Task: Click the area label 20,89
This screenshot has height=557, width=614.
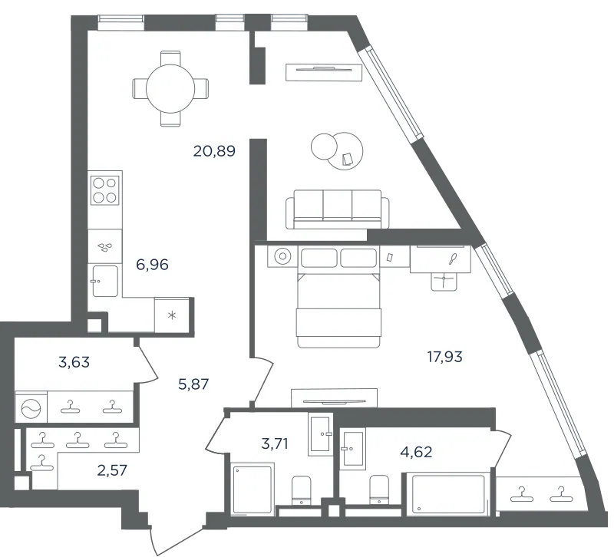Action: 214,150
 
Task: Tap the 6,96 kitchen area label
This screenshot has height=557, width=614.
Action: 152,265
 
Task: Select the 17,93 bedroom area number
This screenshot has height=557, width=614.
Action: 445,357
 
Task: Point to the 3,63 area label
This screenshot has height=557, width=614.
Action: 74,362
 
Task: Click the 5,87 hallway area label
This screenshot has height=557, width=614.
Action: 193,384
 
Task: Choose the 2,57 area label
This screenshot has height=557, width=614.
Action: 112,470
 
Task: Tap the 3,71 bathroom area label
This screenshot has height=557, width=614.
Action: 275,444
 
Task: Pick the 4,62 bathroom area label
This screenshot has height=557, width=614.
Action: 416,452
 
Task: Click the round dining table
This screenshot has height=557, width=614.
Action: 170,88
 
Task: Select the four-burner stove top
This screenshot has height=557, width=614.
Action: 104,190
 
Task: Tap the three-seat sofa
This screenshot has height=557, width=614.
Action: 338,209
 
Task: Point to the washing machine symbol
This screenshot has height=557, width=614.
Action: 31,407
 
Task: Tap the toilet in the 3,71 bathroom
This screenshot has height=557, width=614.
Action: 301,490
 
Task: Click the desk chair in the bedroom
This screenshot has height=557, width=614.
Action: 444,281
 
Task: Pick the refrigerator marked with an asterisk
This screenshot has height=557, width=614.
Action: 172,315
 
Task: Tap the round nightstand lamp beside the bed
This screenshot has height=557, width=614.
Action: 282,257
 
